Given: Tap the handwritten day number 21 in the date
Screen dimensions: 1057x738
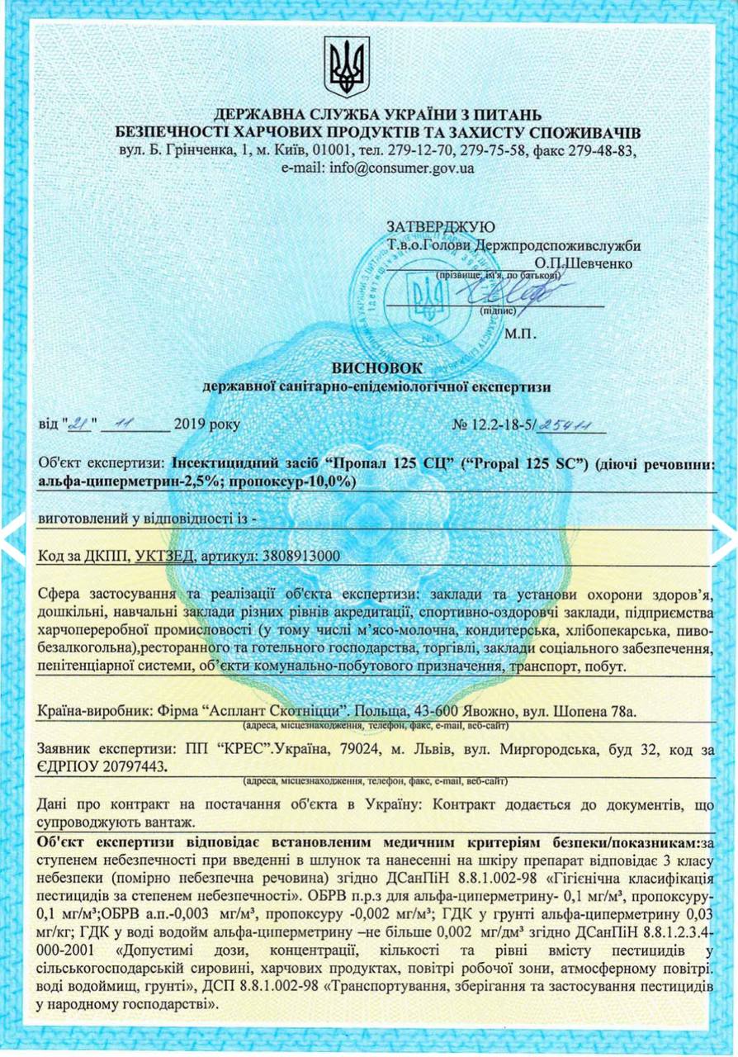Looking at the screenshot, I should coord(79,424).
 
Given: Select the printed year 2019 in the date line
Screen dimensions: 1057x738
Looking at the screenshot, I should coord(192,425).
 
